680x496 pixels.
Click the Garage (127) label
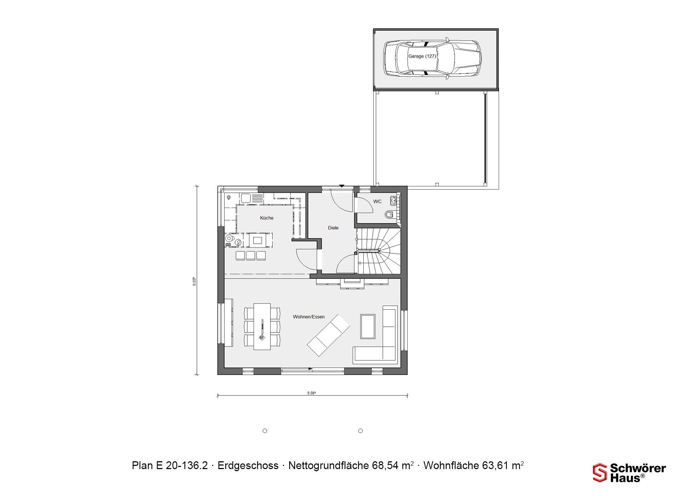tap(422, 56)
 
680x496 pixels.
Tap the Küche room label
tap(267, 218)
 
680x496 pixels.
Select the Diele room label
tap(333, 228)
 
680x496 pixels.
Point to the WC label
tap(378, 202)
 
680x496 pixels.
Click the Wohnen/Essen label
tap(309, 317)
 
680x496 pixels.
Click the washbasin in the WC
tap(393, 201)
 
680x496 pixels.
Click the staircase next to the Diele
tap(379, 251)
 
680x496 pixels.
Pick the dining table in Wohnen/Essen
tap(262, 326)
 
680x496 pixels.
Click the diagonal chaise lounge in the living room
tap(328, 335)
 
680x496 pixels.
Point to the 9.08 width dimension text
tap(312, 393)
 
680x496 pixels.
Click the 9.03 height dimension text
tap(194, 281)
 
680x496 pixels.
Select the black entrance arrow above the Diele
tap(342, 186)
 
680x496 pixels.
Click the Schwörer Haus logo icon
tap(600, 473)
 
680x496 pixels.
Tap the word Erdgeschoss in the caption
tap(248, 465)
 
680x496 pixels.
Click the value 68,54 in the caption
tap(386, 465)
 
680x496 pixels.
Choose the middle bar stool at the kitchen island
tap(251, 256)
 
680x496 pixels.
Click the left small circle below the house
tap(265, 431)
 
